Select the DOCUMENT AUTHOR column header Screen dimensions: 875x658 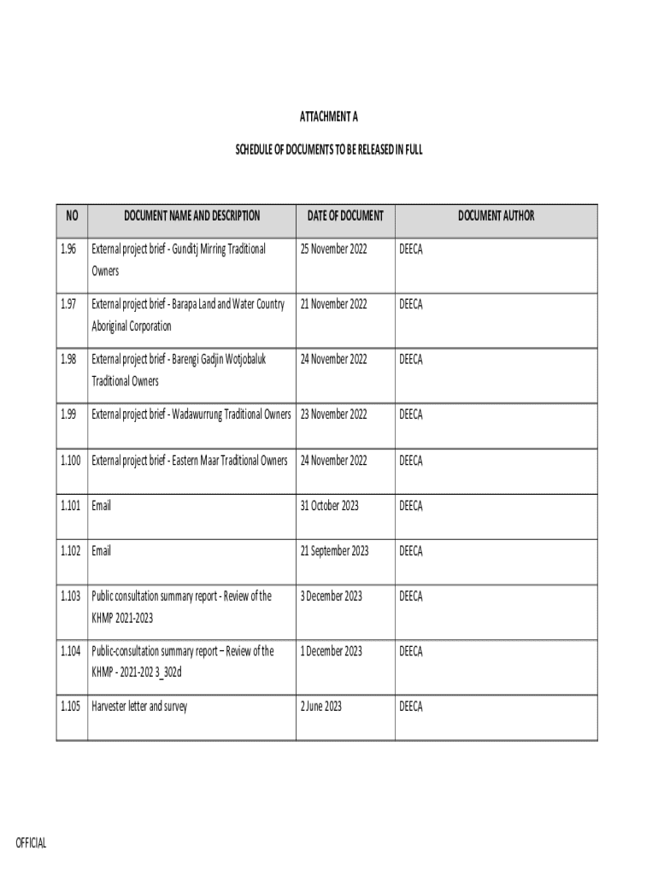(x=496, y=216)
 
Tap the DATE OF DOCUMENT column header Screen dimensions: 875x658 (x=345, y=216)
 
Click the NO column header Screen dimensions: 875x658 (x=72, y=216)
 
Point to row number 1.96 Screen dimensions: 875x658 (x=69, y=249)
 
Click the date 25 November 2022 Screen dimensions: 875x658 (x=333, y=249)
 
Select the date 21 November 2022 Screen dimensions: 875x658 (x=333, y=304)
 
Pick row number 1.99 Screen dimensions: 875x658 (x=69, y=414)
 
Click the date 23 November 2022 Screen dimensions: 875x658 (x=333, y=414)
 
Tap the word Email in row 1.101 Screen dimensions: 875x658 (x=101, y=506)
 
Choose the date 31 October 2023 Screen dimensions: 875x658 (x=329, y=506)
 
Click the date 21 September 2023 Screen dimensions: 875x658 (x=334, y=551)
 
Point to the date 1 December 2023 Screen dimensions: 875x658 (x=331, y=651)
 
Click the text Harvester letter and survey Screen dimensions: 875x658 (x=139, y=707)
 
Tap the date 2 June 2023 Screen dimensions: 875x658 (x=320, y=707)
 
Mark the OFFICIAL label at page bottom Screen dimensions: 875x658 (x=32, y=844)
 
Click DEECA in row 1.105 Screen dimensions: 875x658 (x=411, y=707)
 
